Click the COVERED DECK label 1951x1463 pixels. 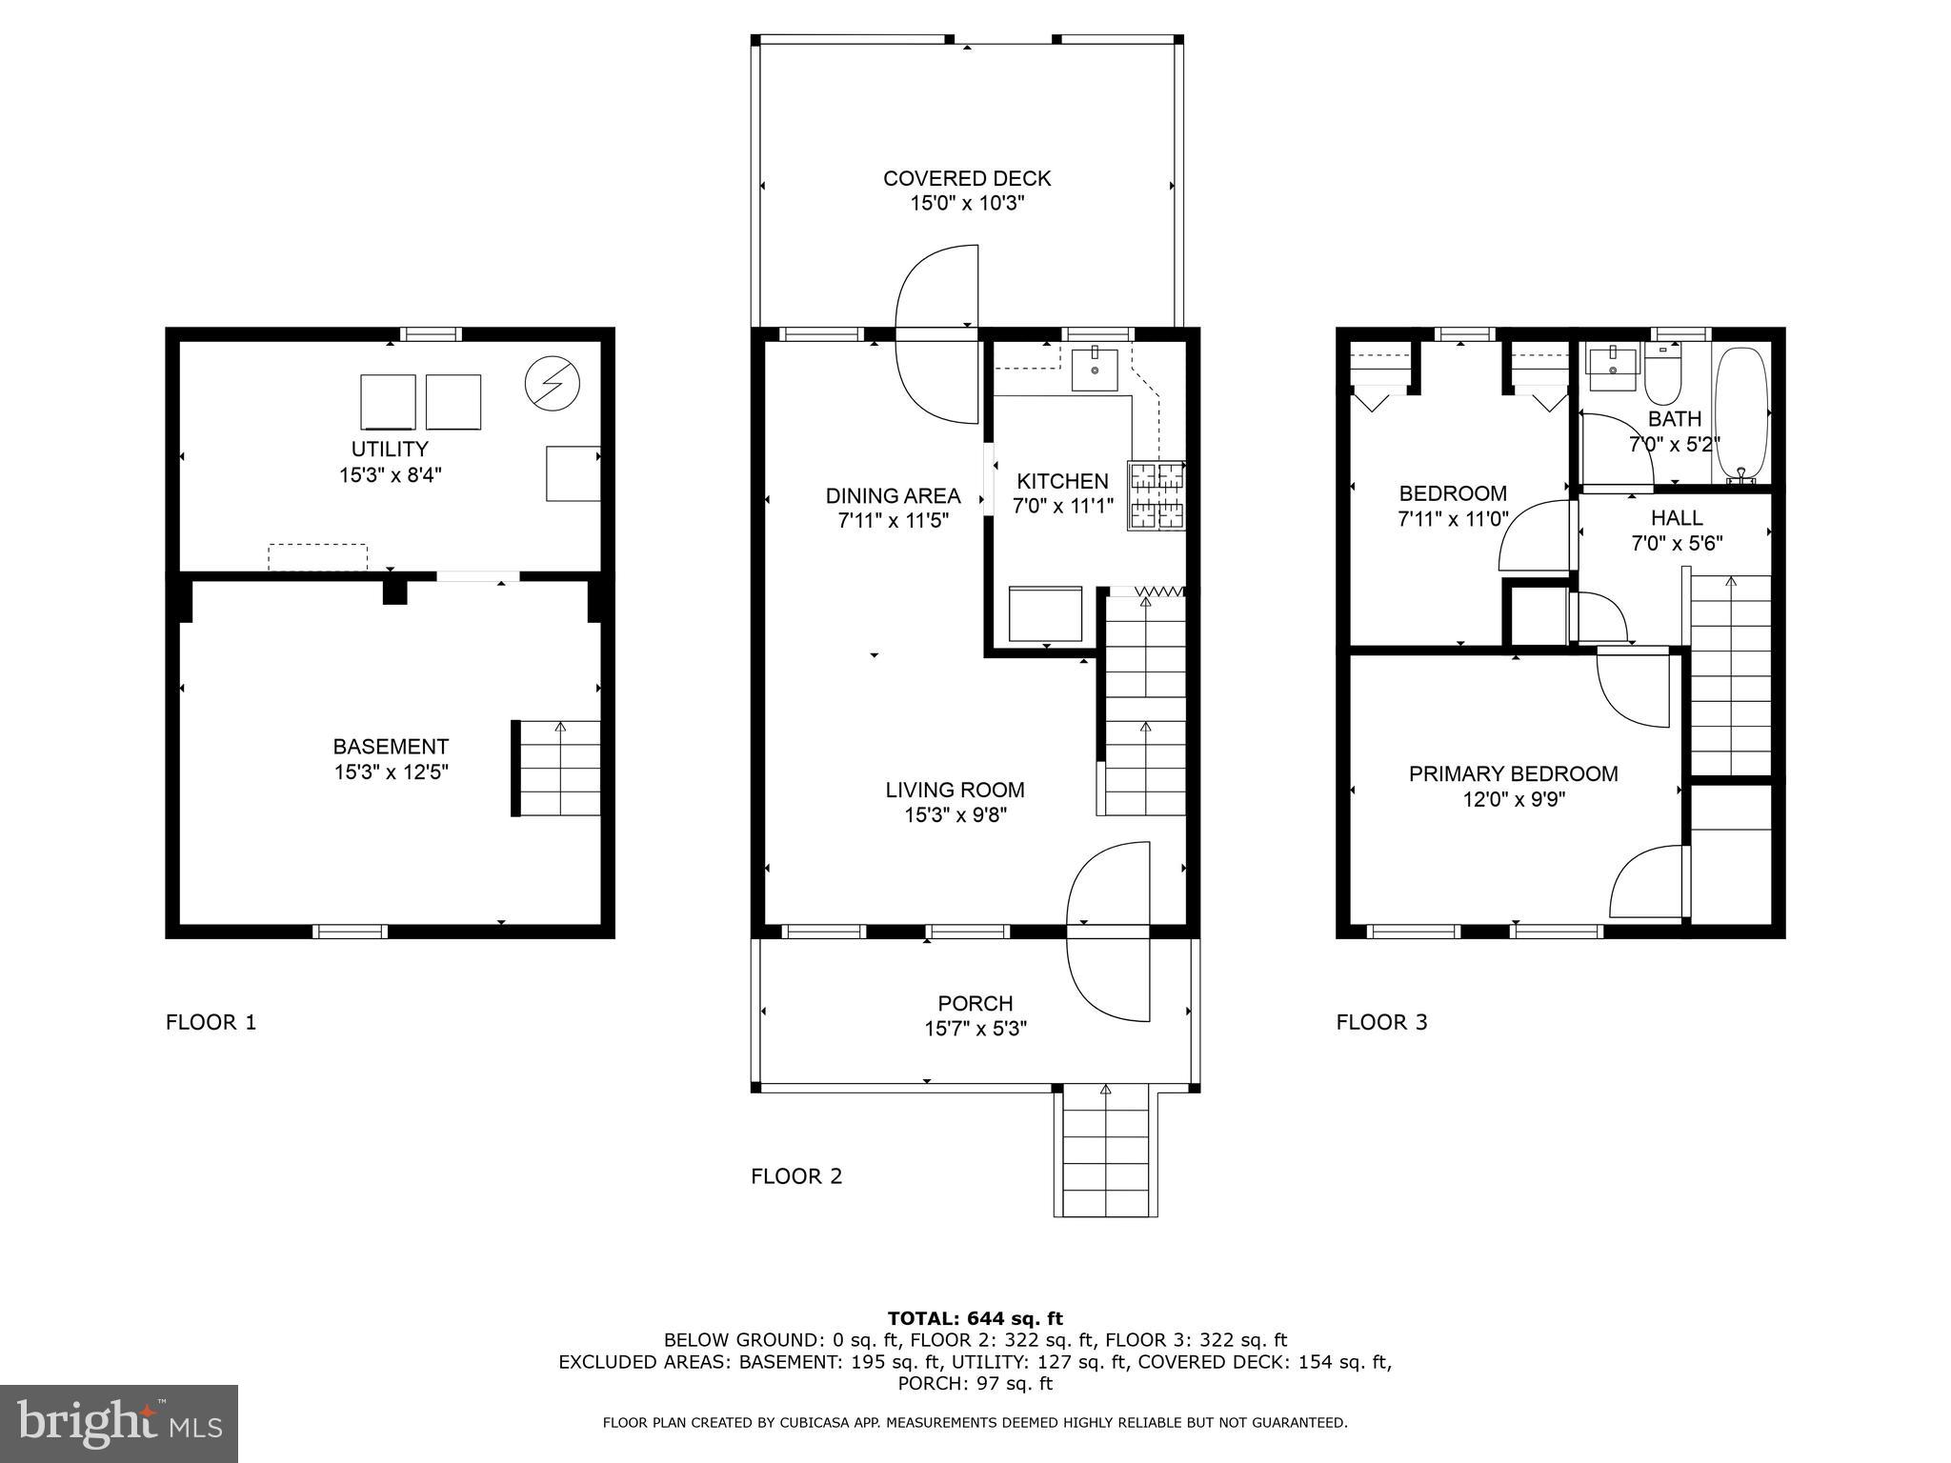point(966,178)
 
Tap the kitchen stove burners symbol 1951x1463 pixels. point(1157,495)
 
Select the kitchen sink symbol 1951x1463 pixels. point(1094,369)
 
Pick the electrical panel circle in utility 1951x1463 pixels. point(553,383)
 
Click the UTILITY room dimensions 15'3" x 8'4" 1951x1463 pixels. point(390,474)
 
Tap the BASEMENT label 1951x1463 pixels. point(391,747)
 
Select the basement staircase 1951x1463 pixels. point(559,768)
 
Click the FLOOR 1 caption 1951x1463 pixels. point(211,1023)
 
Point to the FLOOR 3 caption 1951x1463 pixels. point(1381,1023)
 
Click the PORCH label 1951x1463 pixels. point(975,1003)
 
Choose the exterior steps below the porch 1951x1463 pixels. point(1106,1153)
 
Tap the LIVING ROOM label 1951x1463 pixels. point(955,790)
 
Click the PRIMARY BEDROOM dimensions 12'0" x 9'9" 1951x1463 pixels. point(1514,799)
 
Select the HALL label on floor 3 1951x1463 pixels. point(1677,518)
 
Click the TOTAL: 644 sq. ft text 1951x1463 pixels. point(975,1318)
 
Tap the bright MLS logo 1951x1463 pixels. point(119,1423)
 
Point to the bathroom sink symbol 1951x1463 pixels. point(1611,365)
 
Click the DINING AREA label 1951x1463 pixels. point(893,495)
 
